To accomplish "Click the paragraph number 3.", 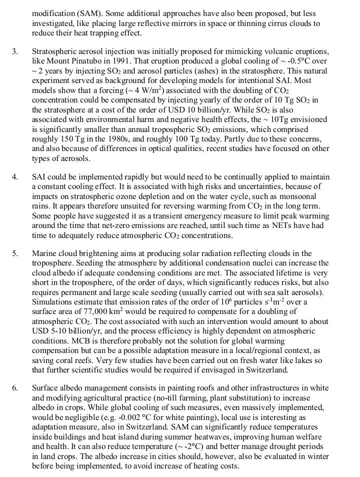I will pyautogui.click(x=14, y=51).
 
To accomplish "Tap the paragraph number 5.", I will pyautogui.click(x=14, y=253).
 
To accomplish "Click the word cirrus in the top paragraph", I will pyautogui.click(x=268, y=23).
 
